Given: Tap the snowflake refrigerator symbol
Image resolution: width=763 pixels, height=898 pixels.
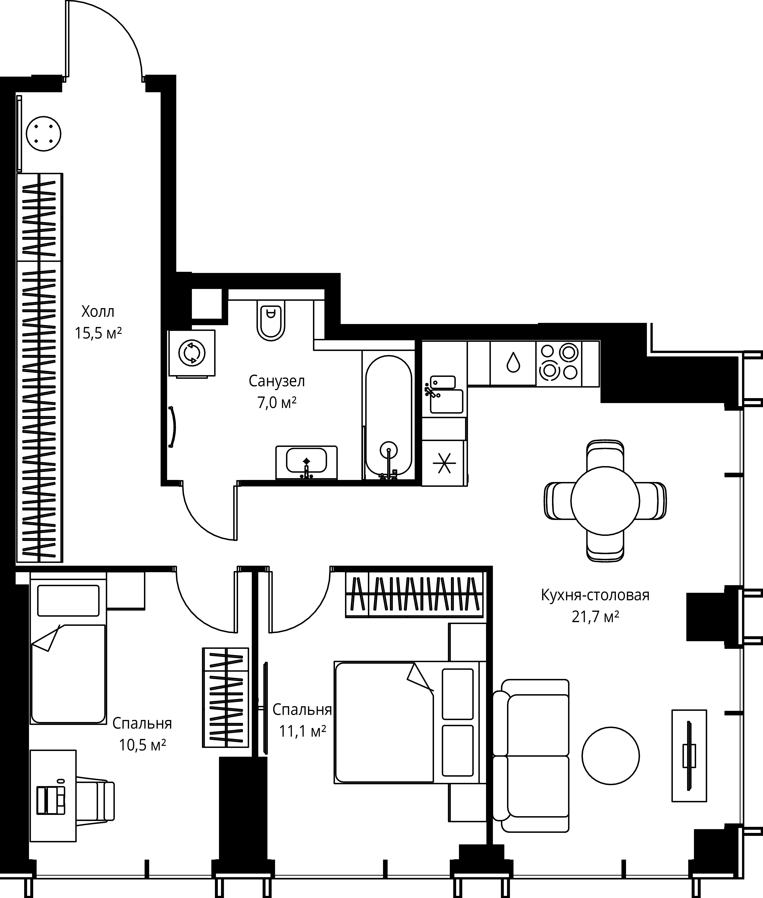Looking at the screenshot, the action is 445,463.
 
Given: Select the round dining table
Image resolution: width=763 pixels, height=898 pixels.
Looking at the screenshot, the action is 605,500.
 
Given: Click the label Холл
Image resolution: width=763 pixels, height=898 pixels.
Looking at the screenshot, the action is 98,311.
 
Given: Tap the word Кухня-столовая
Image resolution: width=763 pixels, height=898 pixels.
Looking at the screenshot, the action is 595,595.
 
